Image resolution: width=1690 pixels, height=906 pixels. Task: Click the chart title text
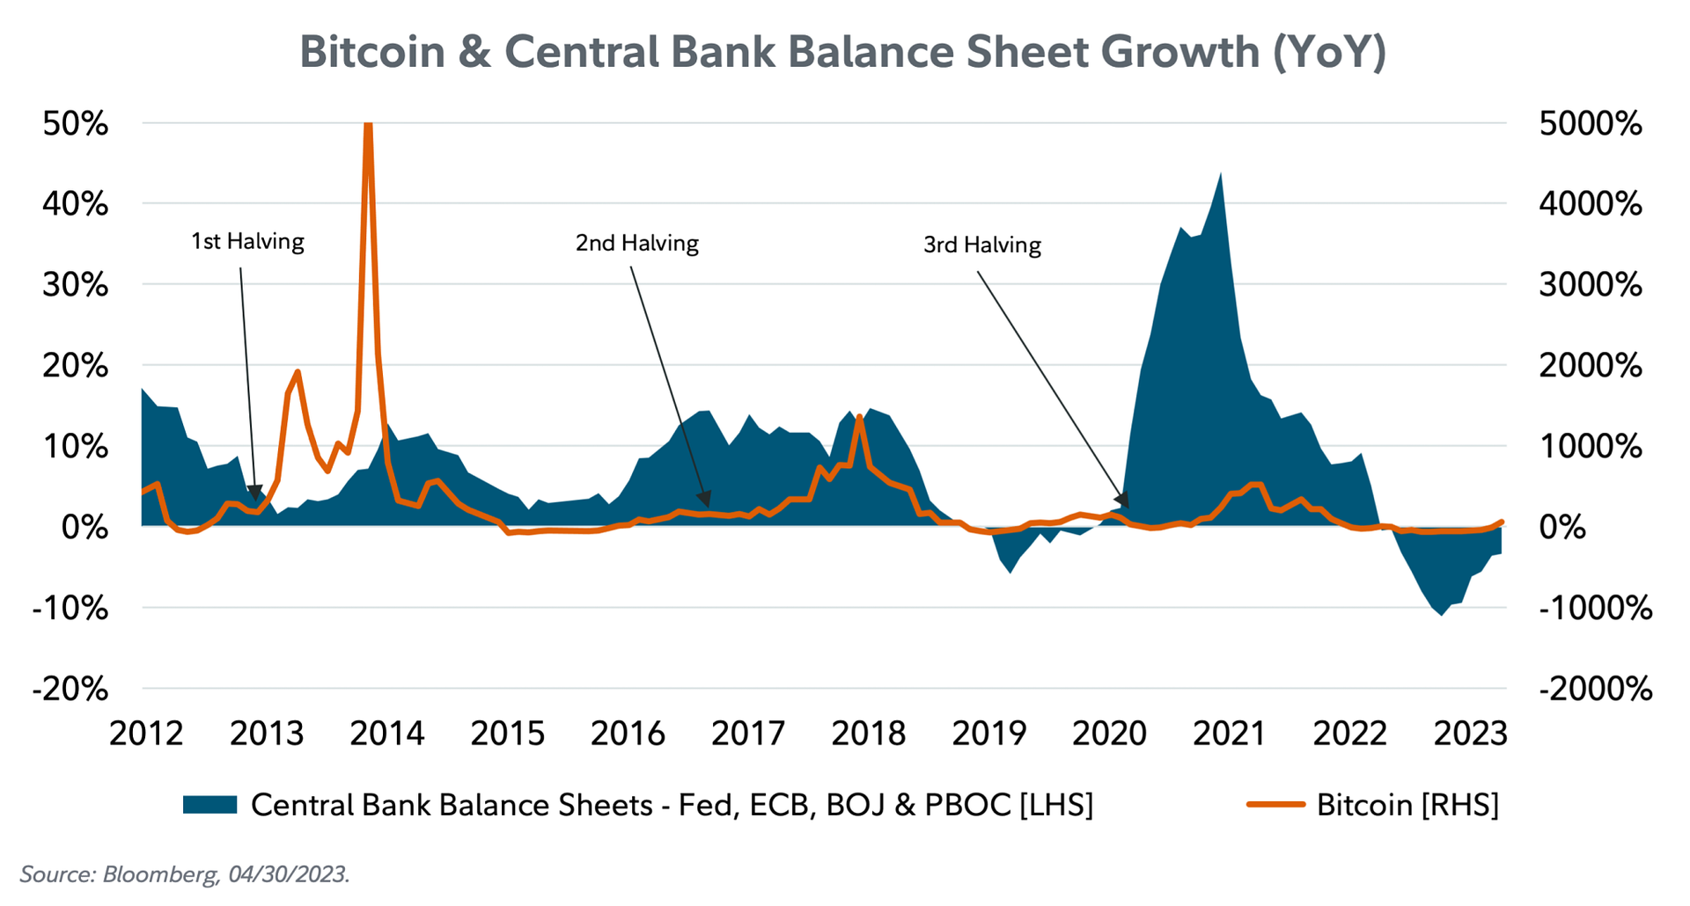842,52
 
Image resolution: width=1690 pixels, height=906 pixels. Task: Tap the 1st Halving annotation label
247,242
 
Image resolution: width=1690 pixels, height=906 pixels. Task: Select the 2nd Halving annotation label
636,244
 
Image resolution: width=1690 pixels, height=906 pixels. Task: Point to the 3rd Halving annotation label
981,245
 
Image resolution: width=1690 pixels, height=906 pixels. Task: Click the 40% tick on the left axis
76,204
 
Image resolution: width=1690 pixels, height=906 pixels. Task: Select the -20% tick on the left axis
70,689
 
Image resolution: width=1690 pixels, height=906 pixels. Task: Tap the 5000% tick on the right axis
1590,124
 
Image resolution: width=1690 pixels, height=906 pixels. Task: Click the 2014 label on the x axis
386,733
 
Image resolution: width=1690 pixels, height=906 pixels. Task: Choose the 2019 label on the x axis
988,733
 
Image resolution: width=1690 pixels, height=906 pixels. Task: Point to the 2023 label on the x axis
1470,733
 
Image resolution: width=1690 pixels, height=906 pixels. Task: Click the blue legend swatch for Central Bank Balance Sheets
209,804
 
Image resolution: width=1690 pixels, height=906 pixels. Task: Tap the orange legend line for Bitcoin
1275,804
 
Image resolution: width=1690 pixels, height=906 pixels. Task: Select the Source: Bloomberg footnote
185,874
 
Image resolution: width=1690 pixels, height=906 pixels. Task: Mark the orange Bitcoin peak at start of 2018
859,418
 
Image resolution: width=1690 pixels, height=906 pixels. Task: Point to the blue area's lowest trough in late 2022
1441,613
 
